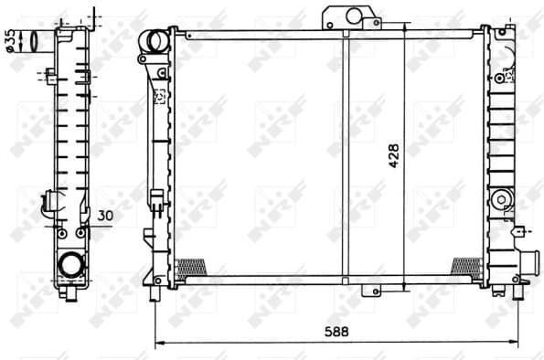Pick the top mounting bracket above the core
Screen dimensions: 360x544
[347, 18]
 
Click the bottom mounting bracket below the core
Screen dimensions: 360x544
[372, 291]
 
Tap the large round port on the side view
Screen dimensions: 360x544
[70, 265]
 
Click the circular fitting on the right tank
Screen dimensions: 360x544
[499, 200]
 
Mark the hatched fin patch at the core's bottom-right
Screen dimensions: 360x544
[466, 266]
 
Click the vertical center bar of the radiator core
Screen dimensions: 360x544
[345, 155]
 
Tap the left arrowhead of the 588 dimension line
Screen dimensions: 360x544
[157, 343]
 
